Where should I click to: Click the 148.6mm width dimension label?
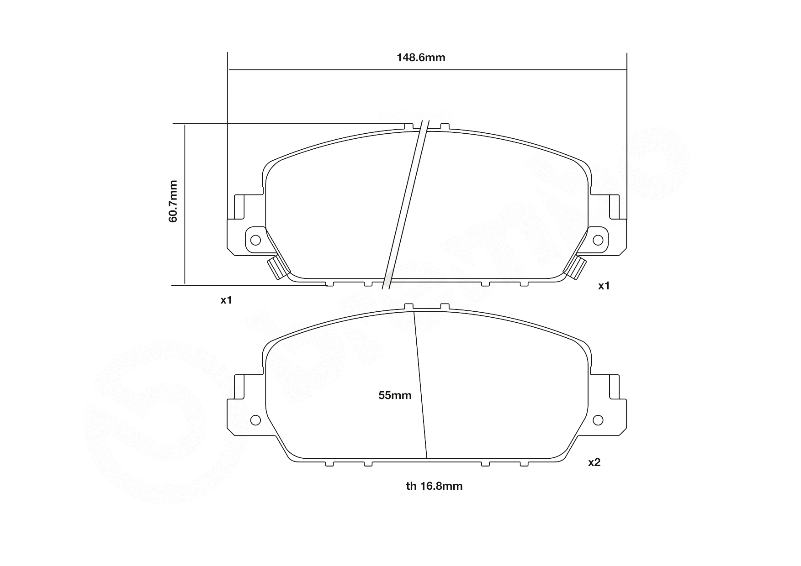[x=420, y=58]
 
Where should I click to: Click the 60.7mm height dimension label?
[x=173, y=201]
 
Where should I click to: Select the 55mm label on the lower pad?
[x=395, y=396]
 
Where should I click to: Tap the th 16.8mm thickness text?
[x=434, y=487]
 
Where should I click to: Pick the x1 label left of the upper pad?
[x=227, y=300]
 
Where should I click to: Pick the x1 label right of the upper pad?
[x=604, y=286]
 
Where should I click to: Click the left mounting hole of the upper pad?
[x=255, y=240]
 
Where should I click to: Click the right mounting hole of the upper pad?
[x=598, y=240]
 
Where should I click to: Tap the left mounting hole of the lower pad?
[x=255, y=420]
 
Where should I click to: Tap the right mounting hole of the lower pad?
[x=598, y=420]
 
